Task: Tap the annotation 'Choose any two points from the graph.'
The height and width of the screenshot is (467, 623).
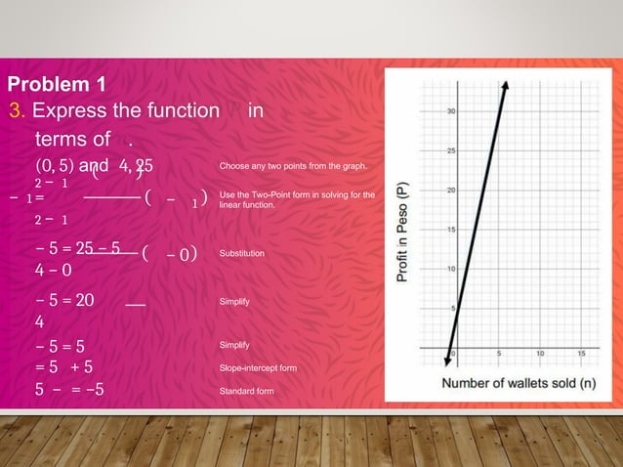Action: click(293, 168)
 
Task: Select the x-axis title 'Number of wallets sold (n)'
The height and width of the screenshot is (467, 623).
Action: click(519, 383)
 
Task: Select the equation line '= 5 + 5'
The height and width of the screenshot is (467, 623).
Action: click(64, 368)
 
